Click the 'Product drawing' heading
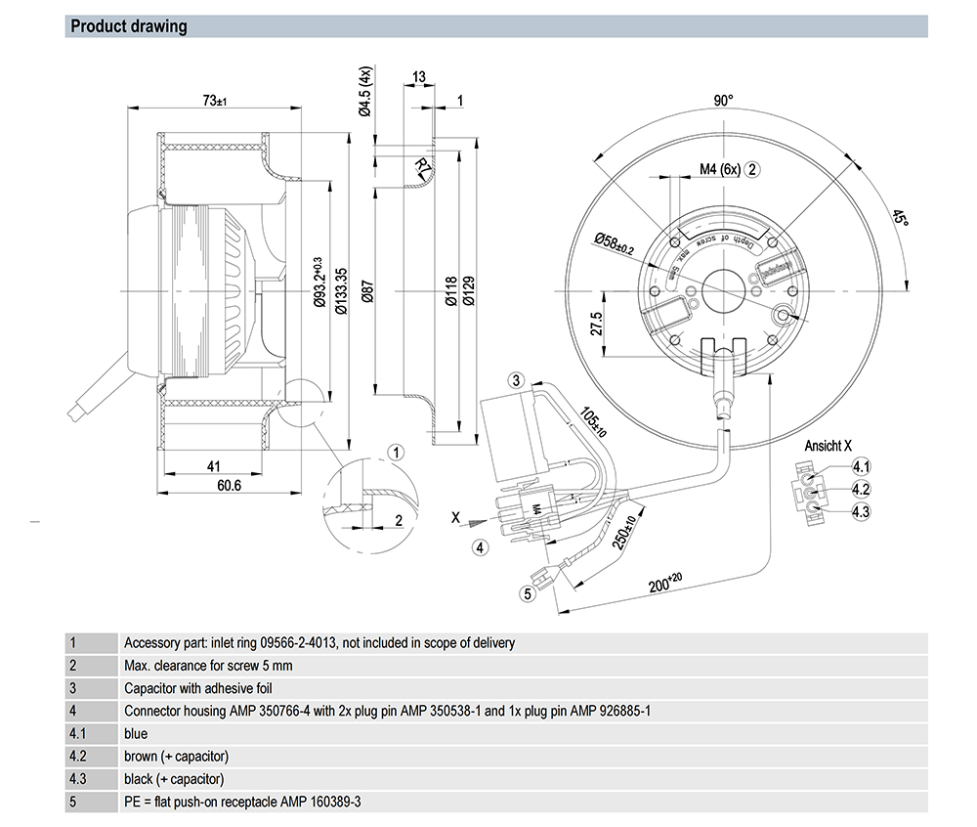point(129,26)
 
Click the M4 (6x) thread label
point(720,169)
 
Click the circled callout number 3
point(517,379)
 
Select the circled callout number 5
point(527,591)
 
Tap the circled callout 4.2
point(861,489)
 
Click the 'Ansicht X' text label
point(823,446)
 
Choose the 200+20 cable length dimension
point(667,583)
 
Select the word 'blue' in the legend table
point(136,733)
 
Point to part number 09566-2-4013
point(298,643)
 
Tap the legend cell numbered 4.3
point(77,779)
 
